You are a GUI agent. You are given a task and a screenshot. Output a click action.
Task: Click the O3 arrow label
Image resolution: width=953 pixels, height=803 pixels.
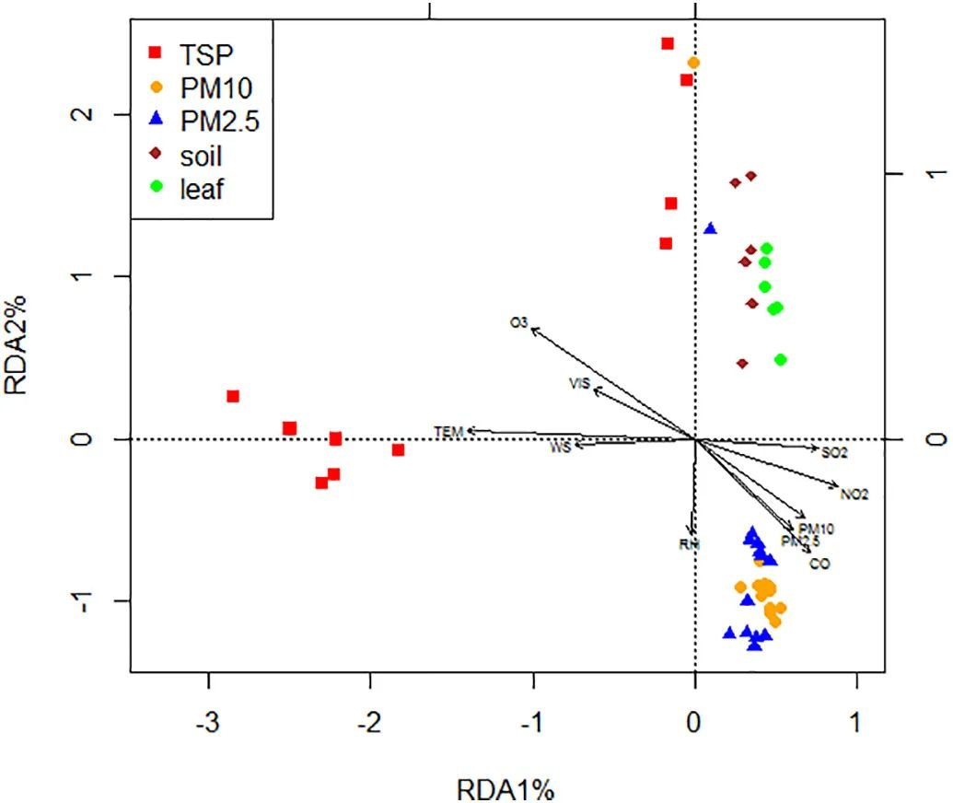pos(519,322)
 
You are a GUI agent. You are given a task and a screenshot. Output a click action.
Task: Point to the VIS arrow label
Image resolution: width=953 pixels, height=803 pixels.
pos(579,383)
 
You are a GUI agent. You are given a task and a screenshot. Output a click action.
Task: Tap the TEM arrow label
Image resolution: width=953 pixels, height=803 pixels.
pos(448,431)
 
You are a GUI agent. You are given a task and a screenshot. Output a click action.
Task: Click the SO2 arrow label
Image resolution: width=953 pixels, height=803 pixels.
pos(834,453)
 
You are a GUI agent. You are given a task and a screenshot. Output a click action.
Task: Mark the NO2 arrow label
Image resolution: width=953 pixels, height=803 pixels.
pos(854,495)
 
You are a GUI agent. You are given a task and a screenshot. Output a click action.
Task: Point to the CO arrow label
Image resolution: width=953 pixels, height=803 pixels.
pos(819,564)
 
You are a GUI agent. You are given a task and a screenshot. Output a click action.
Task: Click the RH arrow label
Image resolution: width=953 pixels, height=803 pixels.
pos(690,544)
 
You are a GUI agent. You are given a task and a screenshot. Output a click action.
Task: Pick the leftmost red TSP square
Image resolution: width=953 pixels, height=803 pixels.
pos(233,396)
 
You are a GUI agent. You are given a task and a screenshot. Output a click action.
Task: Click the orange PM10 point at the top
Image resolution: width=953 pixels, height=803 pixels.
pos(693,63)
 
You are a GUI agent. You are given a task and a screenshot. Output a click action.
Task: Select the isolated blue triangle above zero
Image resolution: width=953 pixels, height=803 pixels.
pos(710,228)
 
